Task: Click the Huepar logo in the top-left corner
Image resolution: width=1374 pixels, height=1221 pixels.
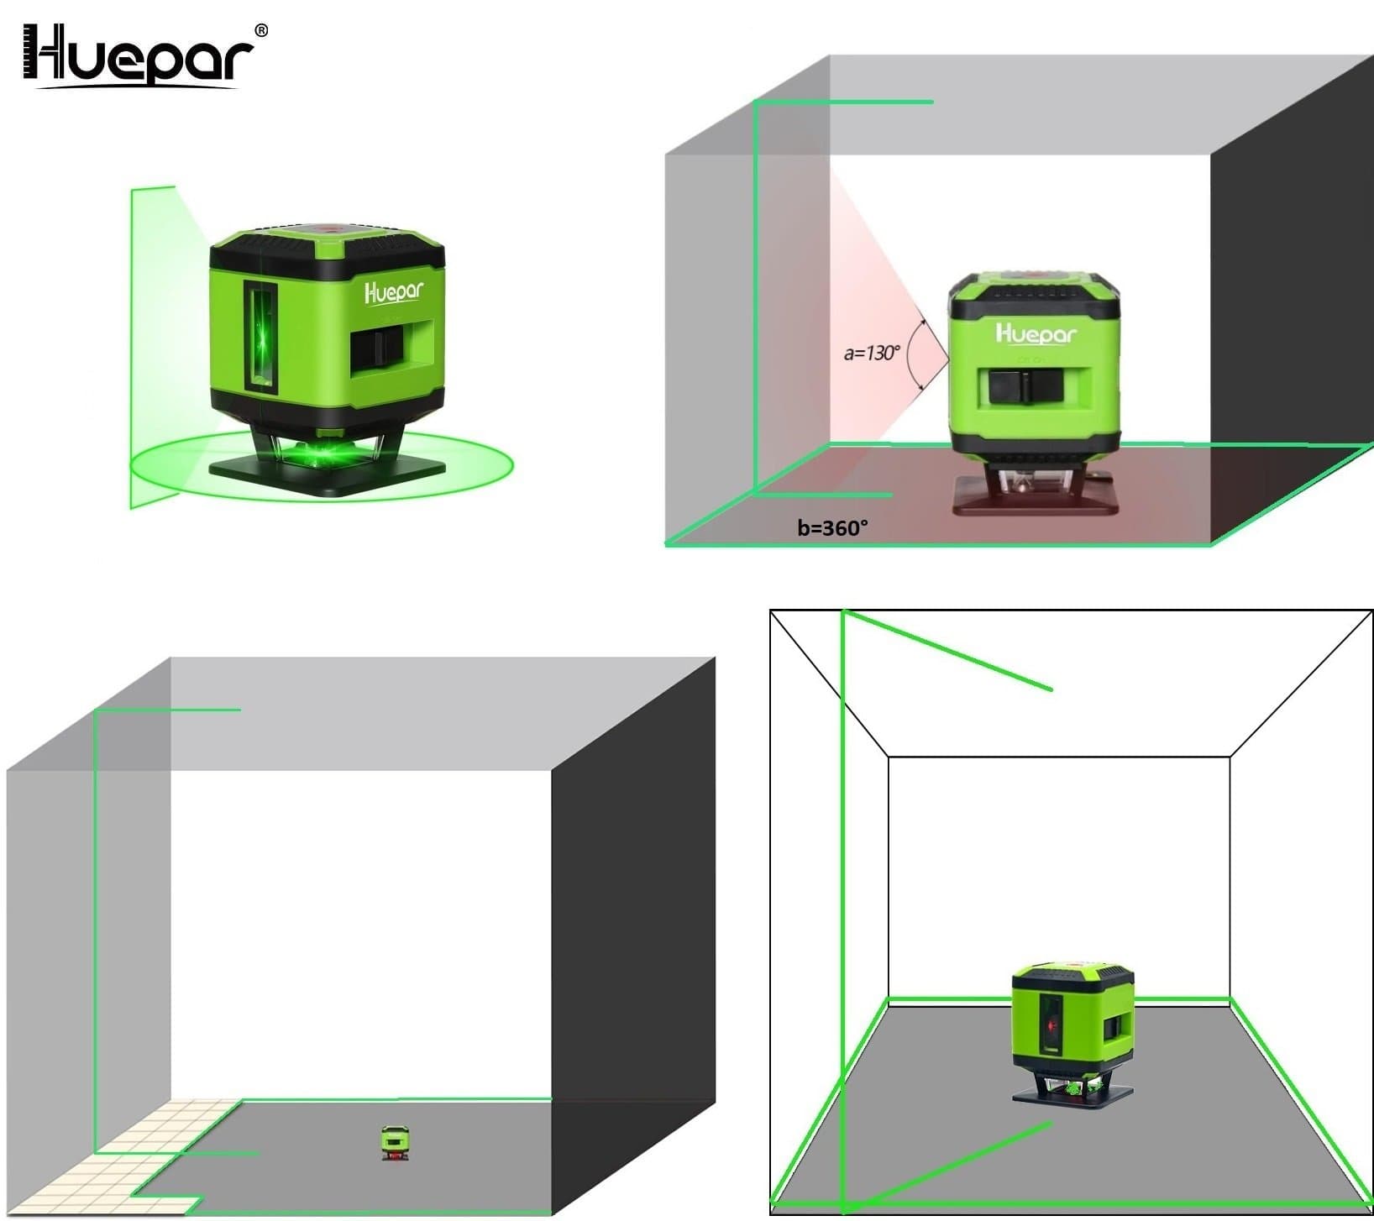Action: click(x=138, y=55)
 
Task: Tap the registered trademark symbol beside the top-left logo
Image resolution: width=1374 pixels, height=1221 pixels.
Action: click(x=261, y=30)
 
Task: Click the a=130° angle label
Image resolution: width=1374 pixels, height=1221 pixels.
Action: click(x=871, y=353)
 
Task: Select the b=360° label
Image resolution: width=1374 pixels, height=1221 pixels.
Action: click(x=832, y=527)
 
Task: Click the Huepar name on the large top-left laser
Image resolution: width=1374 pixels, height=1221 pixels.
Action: click(x=394, y=291)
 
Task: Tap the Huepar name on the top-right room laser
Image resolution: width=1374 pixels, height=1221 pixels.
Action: click(x=1035, y=333)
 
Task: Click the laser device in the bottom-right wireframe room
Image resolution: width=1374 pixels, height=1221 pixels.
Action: click(x=1072, y=1034)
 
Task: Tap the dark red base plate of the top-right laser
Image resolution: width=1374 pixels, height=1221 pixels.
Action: click(x=1035, y=500)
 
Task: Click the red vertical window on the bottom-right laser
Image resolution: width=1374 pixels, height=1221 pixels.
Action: click(x=1050, y=1025)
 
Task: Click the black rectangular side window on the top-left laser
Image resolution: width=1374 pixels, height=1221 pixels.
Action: click(x=380, y=349)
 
